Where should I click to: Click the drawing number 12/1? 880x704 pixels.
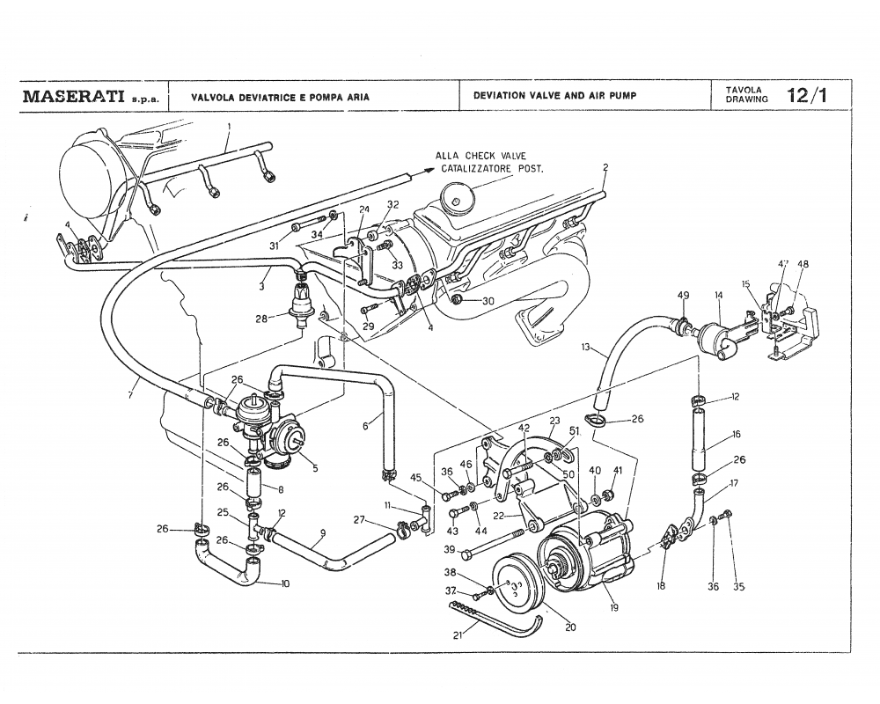(807, 95)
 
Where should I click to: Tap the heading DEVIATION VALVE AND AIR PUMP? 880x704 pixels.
(554, 95)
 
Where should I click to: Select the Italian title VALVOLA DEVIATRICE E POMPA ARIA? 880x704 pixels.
(280, 96)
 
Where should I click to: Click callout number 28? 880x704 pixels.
(261, 319)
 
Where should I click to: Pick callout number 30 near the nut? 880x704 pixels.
(488, 300)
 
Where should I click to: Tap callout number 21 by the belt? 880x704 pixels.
(457, 635)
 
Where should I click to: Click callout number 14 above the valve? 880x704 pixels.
(719, 295)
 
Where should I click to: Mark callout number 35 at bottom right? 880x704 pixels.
(738, 588)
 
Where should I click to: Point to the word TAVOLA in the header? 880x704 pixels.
(738, 90)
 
